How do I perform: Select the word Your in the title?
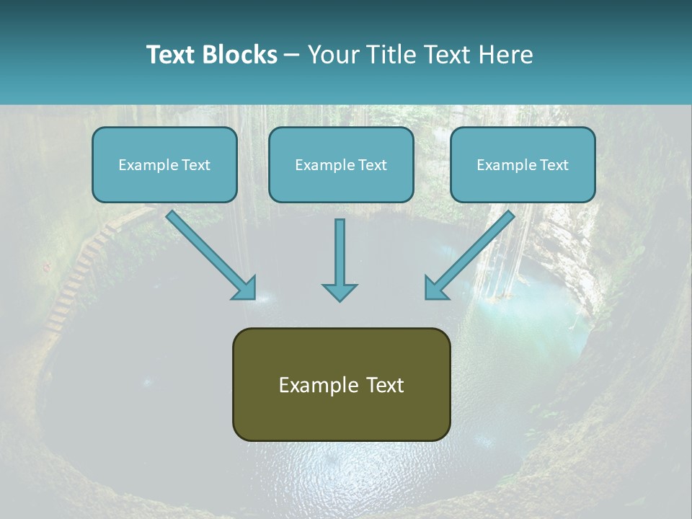coord(331,55)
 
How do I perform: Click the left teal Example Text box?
coord(164,165)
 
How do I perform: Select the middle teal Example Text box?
coord(341,165)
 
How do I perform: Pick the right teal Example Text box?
coord(523,165)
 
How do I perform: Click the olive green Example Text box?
coord(341,384)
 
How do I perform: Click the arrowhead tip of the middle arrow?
coord(340,298)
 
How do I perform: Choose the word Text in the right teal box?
coord(553,165)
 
